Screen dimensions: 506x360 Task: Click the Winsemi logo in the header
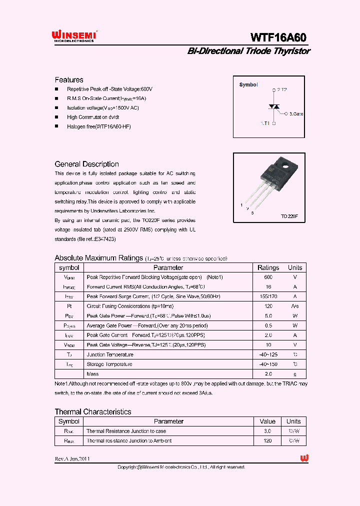point(74,35)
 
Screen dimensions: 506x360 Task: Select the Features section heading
point(69,79)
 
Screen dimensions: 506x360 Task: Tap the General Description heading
point(86,164)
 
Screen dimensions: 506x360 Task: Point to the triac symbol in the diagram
point(274,106)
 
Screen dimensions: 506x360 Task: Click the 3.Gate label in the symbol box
point(296,114)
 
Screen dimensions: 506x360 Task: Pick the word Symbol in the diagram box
point(248,84)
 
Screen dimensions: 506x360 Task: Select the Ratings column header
point(268,267)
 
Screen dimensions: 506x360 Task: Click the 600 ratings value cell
point(268,277)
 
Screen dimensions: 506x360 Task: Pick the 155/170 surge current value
point(268,296)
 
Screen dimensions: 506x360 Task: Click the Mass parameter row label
point(92,374)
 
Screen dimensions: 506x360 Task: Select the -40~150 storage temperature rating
point(268,364)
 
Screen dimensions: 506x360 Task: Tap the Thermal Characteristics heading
point(93,411)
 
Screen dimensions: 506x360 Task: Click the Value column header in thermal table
point(267,421)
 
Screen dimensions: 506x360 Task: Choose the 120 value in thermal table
point(267,441)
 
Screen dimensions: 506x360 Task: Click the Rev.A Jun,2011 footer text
point(72,458)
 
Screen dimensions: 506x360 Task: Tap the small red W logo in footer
point(304,458)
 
